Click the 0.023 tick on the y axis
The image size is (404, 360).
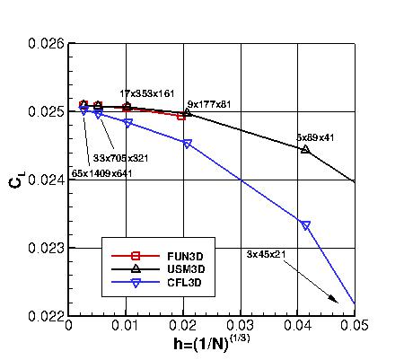[x=46, y=248]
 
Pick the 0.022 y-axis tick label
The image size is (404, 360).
[x=46, y=316]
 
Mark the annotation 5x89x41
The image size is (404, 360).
[x=315, y=137]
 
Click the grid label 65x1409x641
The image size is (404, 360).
[x=101, y=173]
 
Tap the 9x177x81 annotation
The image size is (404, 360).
[x=209, y=104]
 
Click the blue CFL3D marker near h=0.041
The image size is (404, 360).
[x=305, y=225]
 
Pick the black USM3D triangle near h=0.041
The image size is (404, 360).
[x=305, y=149]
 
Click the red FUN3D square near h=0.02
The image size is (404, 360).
[x=181, y=116]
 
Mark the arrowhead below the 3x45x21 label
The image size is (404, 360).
[x=335, y=301]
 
